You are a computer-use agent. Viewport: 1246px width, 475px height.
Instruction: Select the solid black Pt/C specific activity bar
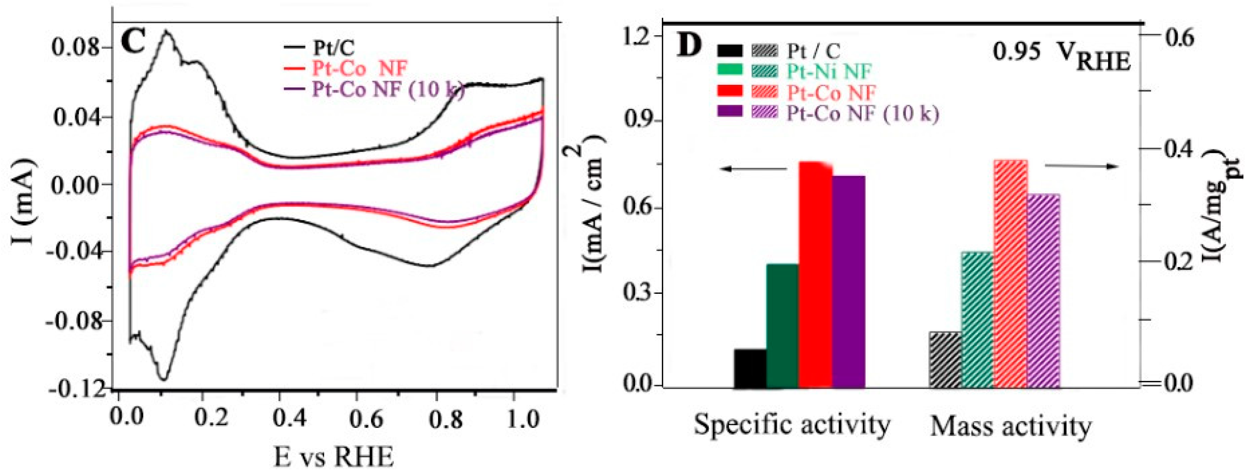click(x=750, y=368)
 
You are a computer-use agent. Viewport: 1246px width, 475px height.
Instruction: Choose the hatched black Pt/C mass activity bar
click(x=945, y=359)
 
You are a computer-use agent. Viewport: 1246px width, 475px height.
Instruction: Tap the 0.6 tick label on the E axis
click(x=366, y=417)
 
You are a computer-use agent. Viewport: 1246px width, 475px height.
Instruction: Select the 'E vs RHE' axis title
click(x=334, y=456)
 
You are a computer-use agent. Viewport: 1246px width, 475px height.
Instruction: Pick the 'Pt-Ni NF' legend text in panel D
click(x=829, y=71)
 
